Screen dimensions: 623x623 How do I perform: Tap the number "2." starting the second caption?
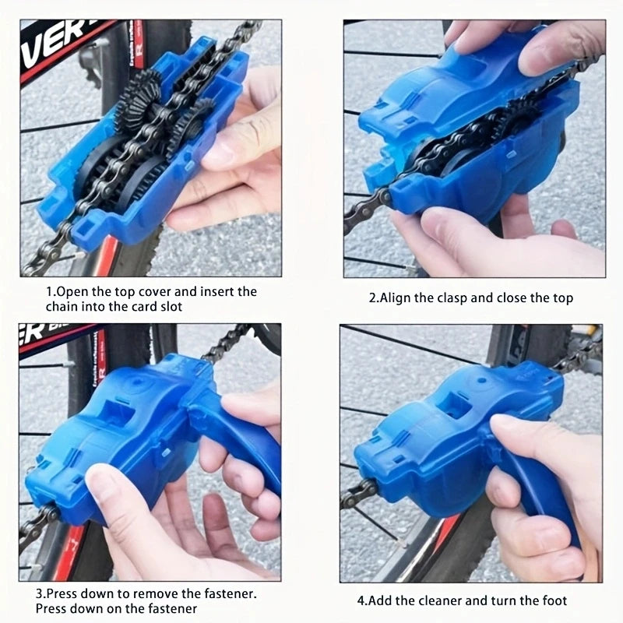[x=374, y=297]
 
